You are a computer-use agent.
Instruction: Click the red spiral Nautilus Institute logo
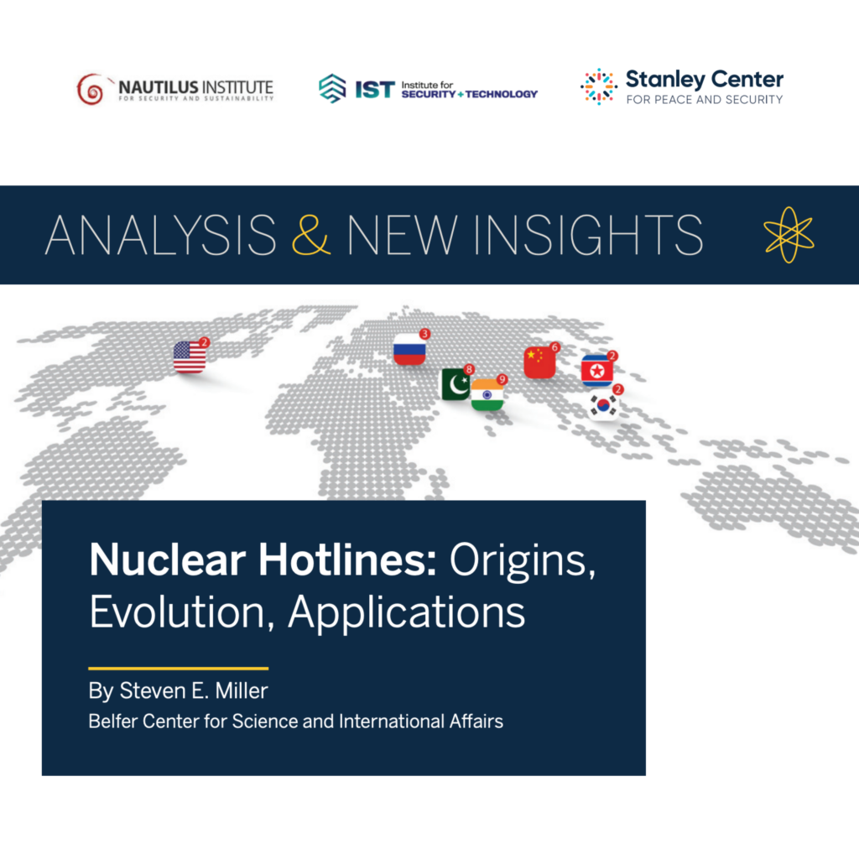tap(91, 89)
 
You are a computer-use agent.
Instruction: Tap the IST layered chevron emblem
tap(332, 88)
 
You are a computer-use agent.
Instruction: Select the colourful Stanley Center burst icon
tap(599, 86)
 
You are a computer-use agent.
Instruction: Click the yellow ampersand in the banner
tap(310, 235)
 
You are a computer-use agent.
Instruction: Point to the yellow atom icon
tap(789, 235)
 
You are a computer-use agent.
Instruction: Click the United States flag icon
tap(190, 357)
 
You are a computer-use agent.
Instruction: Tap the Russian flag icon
tap(409, 349)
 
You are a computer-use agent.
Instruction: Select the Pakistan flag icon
tap(456, 384)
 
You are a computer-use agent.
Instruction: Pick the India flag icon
tap(487, 394)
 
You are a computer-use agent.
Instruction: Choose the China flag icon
tap(539, 362)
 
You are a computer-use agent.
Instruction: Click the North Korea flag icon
tap(597, 371)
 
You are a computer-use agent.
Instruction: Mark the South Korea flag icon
tap(603, 405)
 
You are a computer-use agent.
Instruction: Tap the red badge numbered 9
tap(502, 379)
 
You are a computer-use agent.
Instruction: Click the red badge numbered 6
tap(555, 346)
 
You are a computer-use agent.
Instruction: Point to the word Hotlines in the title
tap(347, 560)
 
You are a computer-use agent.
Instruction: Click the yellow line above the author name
tap(179, 669)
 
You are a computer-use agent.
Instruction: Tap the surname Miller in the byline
tap(242, 691)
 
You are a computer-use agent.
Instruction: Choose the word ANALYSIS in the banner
tap(160, 235)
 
